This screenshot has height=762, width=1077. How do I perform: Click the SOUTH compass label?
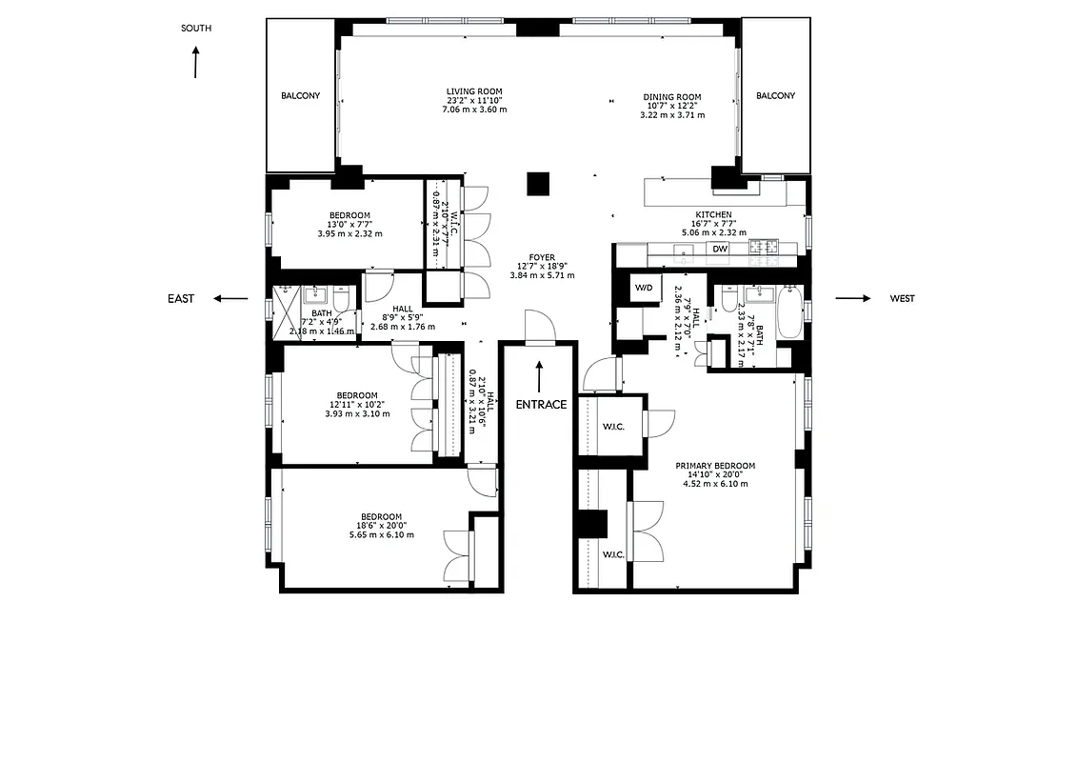pos(196,29)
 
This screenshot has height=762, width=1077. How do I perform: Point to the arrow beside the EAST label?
pos(229,298)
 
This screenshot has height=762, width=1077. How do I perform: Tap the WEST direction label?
pos(902,298)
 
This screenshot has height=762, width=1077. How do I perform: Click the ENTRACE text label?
pos(541,404)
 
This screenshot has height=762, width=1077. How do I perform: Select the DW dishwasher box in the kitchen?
pos(720,250)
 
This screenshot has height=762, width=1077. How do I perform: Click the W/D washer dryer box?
pos(644,288)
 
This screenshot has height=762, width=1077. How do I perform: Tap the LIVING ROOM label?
pos(474,91)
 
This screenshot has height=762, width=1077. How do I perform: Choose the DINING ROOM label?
pos(672,97)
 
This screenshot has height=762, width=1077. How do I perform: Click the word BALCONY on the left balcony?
pos(300,96)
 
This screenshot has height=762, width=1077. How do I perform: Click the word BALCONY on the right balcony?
pos(775,96)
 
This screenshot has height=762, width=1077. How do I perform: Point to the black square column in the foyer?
pos(540,183)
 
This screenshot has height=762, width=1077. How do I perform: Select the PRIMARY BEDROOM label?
pos(715,466)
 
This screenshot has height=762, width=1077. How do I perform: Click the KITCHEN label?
pos(713,215)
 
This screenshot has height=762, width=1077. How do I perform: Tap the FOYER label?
pos(542,257)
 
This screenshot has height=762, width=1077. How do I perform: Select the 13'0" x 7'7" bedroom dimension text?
pos(349,225)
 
